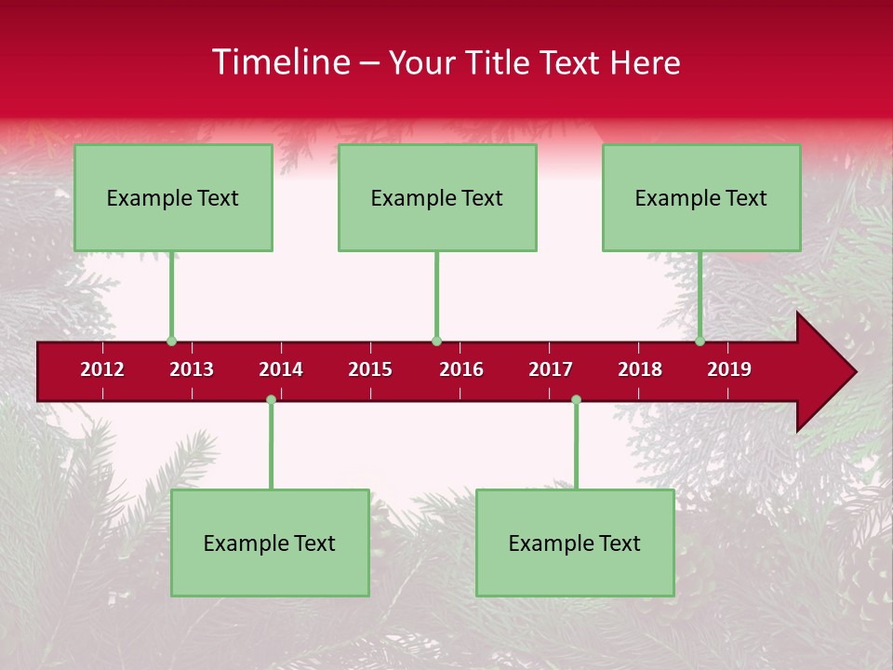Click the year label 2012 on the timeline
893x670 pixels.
(102, 369)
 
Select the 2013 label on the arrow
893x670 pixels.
(192, 369)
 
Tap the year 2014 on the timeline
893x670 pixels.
(281, 369)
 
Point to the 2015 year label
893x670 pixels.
(370, 369)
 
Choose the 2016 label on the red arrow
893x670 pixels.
(461, 369)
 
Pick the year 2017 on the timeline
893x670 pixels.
(551, 369)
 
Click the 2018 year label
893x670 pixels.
(640, 369)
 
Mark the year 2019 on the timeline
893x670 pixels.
(729, 369)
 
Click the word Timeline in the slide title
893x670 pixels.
(279, 62)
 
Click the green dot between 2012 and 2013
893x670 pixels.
(171, 341)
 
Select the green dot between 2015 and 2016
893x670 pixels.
(436, 341)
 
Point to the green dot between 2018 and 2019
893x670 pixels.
(700, 341)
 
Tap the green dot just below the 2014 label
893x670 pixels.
(271, 400)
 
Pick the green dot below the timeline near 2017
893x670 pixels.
(576, 400)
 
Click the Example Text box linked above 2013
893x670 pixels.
(173, 197)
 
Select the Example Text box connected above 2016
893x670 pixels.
(437, 197)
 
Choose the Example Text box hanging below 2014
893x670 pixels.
(270, 543)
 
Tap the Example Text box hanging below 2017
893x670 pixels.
(575, 543)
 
